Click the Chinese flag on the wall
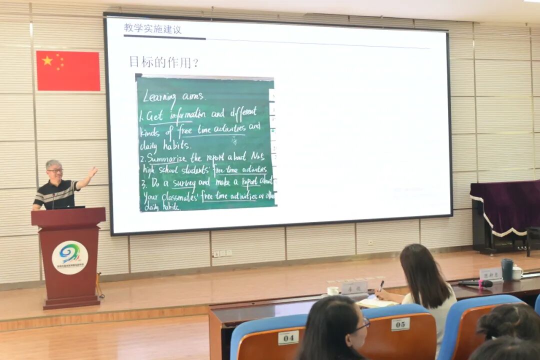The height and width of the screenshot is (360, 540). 68,71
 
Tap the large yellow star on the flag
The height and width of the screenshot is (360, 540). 47,60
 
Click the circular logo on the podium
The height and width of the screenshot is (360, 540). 70,257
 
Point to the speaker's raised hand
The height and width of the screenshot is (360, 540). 92,172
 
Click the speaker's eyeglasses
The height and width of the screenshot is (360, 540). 55,171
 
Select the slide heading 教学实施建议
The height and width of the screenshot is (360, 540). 152,29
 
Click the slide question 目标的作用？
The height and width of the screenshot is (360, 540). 163,62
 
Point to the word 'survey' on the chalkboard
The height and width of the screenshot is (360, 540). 183,183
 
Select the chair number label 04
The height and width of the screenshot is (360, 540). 288,337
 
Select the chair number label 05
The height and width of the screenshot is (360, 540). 400,324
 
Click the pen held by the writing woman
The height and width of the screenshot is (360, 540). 381,286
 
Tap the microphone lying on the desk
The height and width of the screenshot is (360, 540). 475,283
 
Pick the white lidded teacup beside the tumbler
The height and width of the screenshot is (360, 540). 517,272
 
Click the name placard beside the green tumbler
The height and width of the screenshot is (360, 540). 490,273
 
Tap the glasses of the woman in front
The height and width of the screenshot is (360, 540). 363,324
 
